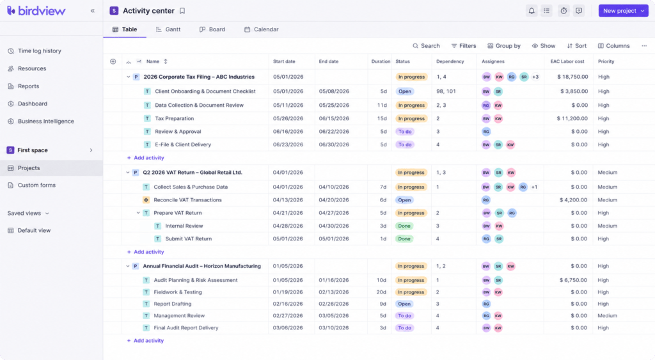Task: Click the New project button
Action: (x=623, y=11)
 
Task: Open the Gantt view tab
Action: (x=168, y=29)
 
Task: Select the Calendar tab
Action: (x=261, y=29)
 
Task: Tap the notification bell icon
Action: (x=532, y=11)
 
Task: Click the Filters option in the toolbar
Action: (x=464, y=46)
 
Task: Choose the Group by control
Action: (x=504, y=46)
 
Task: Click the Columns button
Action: (x=613, y=46)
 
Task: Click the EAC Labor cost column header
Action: (x=567, y=61)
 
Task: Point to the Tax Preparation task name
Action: (x=174, y=118)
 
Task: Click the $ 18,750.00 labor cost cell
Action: (x=572, y=77)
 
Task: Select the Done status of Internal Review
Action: (x=404, y=226)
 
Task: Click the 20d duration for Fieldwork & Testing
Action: (x=381, y=292)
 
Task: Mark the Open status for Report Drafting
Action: (x=404, y=304)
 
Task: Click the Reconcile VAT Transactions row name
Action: (x=187, y=200)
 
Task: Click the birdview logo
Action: (x=36, y=11)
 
